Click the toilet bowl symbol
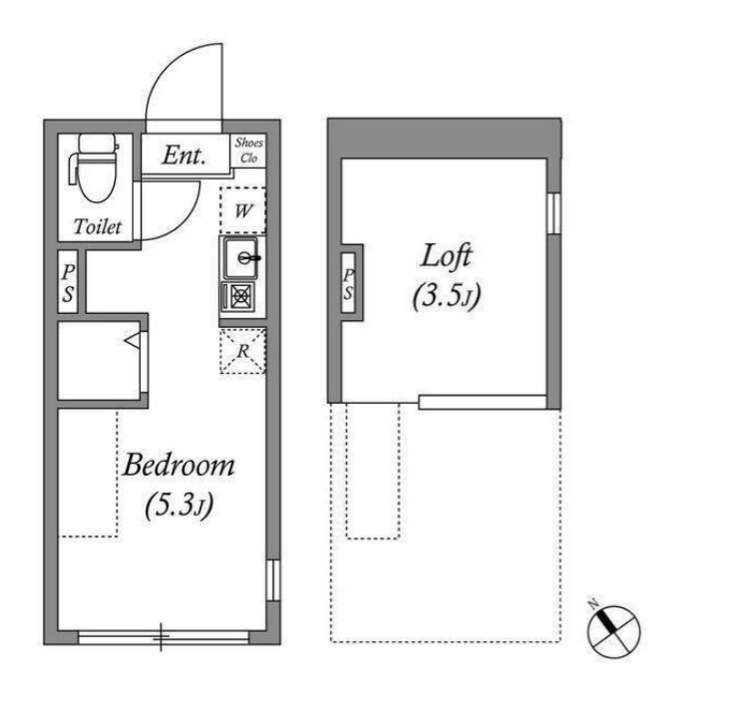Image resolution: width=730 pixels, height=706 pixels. click(95, 168)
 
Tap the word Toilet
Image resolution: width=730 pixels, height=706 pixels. click(98, 227)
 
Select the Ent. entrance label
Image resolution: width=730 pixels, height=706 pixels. click(183, 156)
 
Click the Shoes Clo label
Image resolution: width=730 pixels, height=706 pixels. click(249, 151)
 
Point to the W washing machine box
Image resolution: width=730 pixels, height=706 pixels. click(242, 210)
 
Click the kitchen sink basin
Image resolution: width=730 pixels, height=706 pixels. click(240, 257)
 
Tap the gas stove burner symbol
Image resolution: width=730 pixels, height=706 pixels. click(239, 296)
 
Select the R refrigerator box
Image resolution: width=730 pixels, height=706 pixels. click(242, 351)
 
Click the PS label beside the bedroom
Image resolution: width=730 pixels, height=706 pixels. click(69, 283)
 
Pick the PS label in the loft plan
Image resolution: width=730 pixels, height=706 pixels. click(348, 284)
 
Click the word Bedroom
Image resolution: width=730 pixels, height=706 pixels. click(179, 465)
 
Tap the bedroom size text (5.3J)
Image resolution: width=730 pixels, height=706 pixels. click(180, 506)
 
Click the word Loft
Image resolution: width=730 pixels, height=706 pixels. click(446, 256)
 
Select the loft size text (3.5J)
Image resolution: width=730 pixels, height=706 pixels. click(446, 296)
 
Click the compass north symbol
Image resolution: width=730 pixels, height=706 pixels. click(613, 631)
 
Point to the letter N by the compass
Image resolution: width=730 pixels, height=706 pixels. click(593, 604)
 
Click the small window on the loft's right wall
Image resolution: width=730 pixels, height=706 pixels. click(553, 213)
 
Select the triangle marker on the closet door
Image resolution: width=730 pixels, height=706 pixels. click(133, 341)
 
